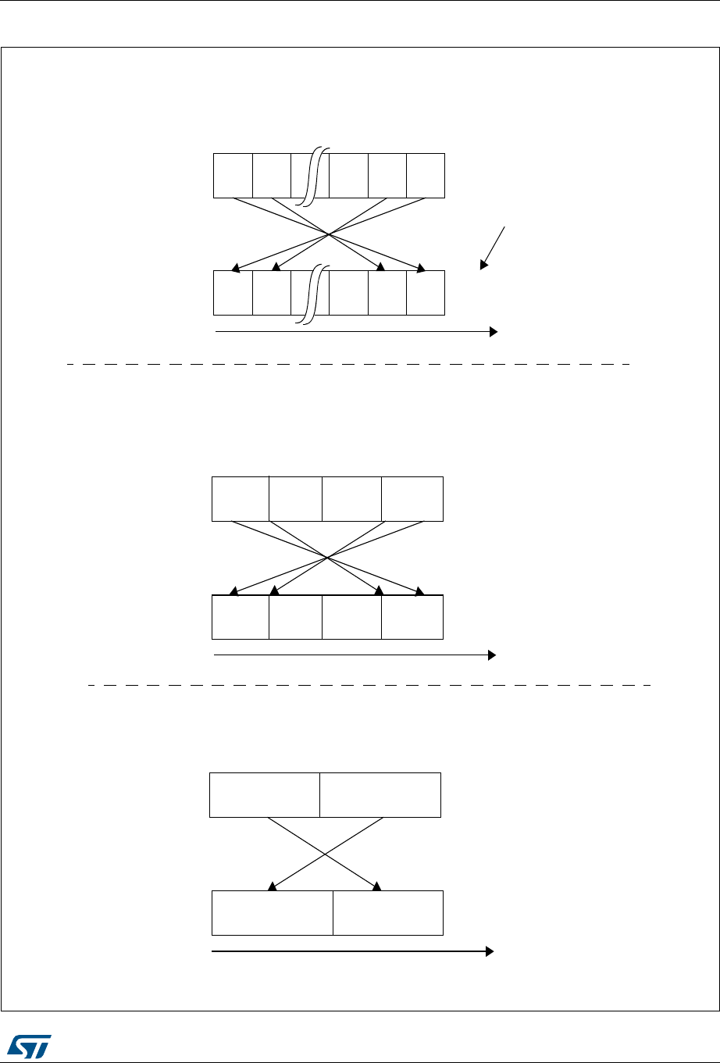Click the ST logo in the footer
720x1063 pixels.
(x=30, y=1044)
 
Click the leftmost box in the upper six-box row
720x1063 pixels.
(x=233, y=176)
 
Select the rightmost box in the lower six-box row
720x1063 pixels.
(x=426, y=293)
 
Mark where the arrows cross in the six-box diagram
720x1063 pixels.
(x=329, y=234)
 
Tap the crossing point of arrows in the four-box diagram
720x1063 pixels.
(x=327, y=557)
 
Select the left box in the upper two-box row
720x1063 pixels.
(x=265, y=794)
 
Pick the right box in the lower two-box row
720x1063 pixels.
(x=387, y=912)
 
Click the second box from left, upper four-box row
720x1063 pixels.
(x=295, y=498)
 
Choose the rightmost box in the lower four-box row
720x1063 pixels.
(x=412, y=617)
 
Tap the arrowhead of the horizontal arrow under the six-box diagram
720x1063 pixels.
(x=494, y=332)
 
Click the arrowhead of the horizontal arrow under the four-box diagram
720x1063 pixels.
(x=492, y=655)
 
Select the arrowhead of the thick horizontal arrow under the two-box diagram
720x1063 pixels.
(x=490, y=951)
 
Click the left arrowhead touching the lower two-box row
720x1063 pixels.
(x=272, y=886)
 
